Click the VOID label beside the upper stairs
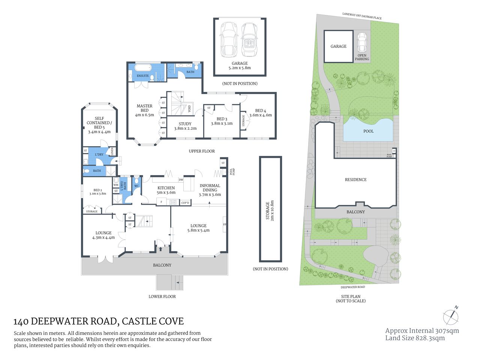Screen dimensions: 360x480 pyautogui.click(x=189, y=109)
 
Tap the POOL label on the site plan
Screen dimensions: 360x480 pyautogui.click(x=368, y=131)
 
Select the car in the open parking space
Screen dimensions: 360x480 pyautogui.click(x=361, y=42)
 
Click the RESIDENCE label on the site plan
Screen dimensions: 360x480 pyautogui.click(x=355, y=180)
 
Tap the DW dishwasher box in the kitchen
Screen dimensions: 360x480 pyautogui.click(x=181, y=180)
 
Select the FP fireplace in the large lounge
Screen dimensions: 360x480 pyautogui.click(x=225, y=225)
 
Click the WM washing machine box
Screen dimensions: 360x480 pyautogui.click(x=116, y=184)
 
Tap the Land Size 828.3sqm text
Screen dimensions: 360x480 pyautogui.click(x=415, y=338)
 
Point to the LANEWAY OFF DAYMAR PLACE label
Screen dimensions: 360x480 pyautogui.click(x=362, y=16)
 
